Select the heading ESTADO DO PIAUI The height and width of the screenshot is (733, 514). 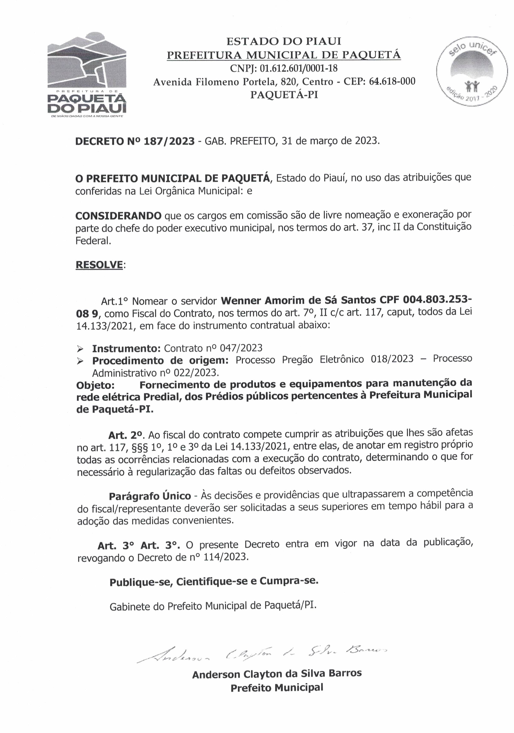pyautogui.click(x=284, y=41)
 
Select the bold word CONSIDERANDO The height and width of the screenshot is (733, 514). pyautogui.click(x=118, y=216)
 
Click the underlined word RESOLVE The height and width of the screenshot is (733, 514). pyautogui.click(x=99, y=265)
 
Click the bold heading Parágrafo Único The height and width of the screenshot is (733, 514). pyautogui.click(x=150, y=496)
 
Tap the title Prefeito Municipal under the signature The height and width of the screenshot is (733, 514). pyautogui.click(x=277, y=687)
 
